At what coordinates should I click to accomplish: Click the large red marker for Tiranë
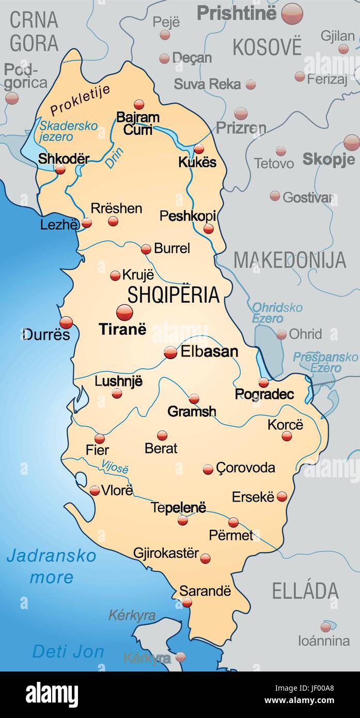[124, 312]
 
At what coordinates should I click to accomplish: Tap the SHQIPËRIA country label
[174, 294]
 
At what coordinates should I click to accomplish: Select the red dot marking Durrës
[66, 322]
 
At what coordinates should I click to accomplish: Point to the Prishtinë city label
[237, 13]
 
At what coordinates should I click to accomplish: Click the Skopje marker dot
[351, 143]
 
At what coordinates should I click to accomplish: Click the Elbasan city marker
[170, 352]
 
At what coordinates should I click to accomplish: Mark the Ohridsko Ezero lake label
[277, 313]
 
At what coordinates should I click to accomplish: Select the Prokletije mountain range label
[80, 100]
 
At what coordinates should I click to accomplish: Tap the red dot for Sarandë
[187, 602]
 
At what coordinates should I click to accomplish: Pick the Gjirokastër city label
[166, 553]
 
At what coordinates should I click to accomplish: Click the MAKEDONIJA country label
[290, 260]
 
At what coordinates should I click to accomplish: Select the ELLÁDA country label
[305, 590]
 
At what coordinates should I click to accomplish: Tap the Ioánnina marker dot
[325, 627]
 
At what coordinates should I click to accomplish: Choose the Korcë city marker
[287, 436]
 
